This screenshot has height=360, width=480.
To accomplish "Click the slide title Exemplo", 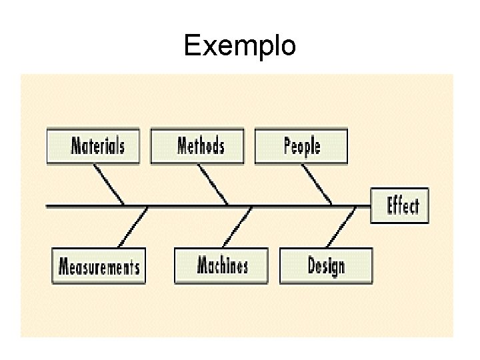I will (239, 46).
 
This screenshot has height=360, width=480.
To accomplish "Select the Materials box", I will (93, 146).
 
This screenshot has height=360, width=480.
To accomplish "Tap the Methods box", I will (197, 146).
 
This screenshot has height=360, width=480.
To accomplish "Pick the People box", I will (301, 146).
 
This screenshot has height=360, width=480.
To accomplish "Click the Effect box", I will (400, 206).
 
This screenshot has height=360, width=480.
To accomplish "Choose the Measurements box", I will (99, 266).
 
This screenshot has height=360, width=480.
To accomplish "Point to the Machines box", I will (221, 265).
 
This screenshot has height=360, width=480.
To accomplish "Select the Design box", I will (326, 265).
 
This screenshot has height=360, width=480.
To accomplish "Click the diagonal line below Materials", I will (109, 184).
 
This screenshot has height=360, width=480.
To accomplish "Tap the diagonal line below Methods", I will (213, 184).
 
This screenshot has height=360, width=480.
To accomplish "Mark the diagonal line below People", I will (317, 184).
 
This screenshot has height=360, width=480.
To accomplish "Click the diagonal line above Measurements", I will (133, 227).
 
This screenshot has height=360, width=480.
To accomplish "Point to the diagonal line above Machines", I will (237, 227).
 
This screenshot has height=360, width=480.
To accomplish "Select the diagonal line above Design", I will (342, 227).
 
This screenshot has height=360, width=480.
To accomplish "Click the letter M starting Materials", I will (77, 145).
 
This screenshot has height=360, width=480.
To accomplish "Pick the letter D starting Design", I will (312, 265).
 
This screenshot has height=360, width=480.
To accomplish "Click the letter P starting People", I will (288, 145).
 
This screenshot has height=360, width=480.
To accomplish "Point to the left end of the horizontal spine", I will (47, 206).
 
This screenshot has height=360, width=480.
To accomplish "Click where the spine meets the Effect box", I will (370, 206).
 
